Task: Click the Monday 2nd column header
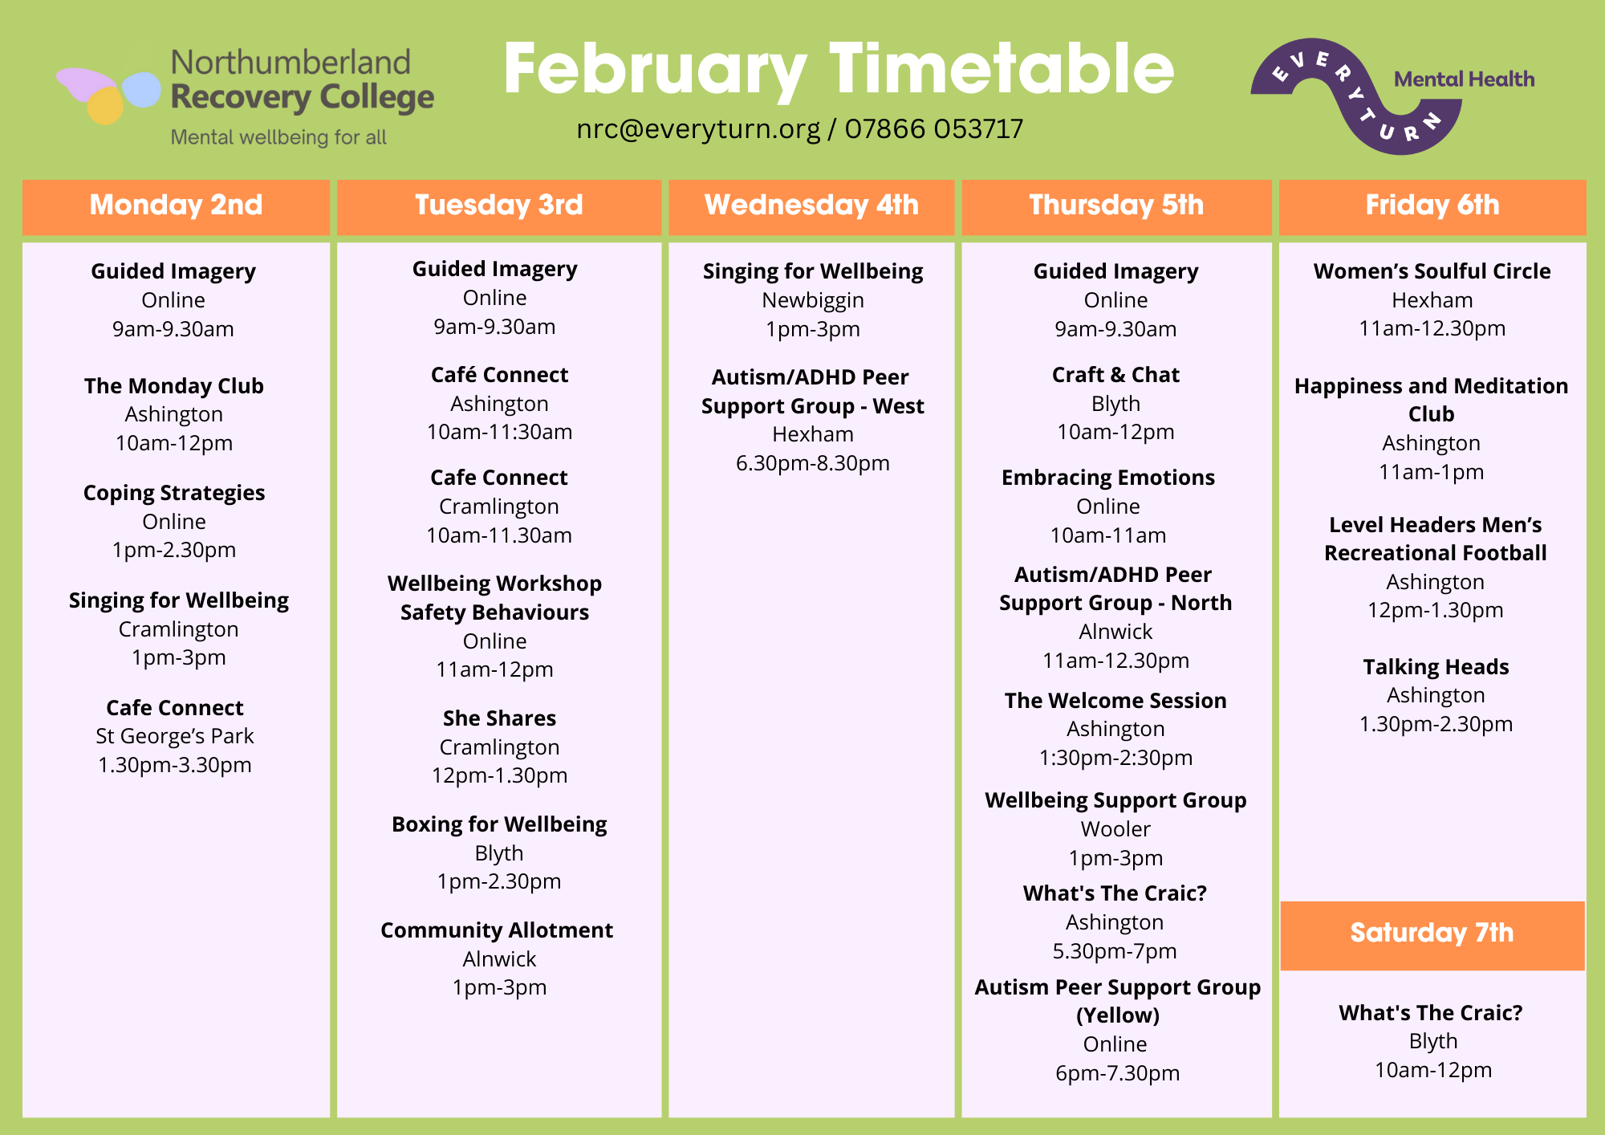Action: click(176, 205)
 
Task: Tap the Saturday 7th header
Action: click(1432, 934)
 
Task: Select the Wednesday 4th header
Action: click(811, 205)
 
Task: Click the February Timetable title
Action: click(839, 70)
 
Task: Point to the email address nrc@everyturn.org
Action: click(698, 129)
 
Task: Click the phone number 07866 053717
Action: click(934, 128)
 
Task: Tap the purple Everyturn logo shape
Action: click(1356, 96)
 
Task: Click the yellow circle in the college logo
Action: click(104, 105)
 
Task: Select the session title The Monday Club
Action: click(174, 386)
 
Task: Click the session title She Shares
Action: click(499, 718)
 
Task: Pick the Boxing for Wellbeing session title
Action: click(499, 825)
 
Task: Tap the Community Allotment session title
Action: click(497, 930)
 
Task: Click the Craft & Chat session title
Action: click(1115, 375)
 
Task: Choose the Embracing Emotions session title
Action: click(1108, 478)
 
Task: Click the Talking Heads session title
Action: click(1436, 667)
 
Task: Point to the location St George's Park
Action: click(175, 737)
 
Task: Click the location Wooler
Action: click(1115, 829)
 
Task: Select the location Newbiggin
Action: click(813, 301)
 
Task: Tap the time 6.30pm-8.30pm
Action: click(813, 464)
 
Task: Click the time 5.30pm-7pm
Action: click(1115, 952)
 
